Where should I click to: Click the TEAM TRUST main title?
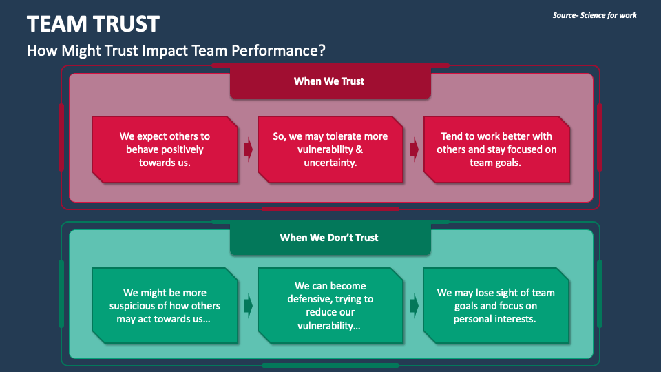[x=93, y=24]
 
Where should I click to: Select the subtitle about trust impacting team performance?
[x=176, y=50]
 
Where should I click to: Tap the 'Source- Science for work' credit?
[x=594, y=15]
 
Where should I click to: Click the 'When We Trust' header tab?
[x=329, y=81]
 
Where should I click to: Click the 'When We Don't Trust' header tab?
[x=329, y=238]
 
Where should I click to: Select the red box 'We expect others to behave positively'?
[x=165, y=149]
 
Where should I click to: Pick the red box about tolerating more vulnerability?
[x=330, y=149]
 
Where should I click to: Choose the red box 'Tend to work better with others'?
[x=496, y=149]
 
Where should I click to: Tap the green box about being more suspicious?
[x=165, y=305]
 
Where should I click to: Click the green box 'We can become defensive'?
[x=330, y=305]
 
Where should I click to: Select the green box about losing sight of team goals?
[x=496, y=305]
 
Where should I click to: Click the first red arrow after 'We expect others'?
[x=248, y=149]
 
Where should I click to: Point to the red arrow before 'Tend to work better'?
[x=414, y=149]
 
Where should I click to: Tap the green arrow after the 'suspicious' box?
[x=248, y=305]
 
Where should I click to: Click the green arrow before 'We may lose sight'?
[x=414, y=305]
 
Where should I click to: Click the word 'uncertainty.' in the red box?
[x=330, y=163]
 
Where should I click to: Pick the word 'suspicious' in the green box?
[x=135, y=306]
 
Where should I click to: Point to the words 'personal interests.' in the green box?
[x=496, y=319]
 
